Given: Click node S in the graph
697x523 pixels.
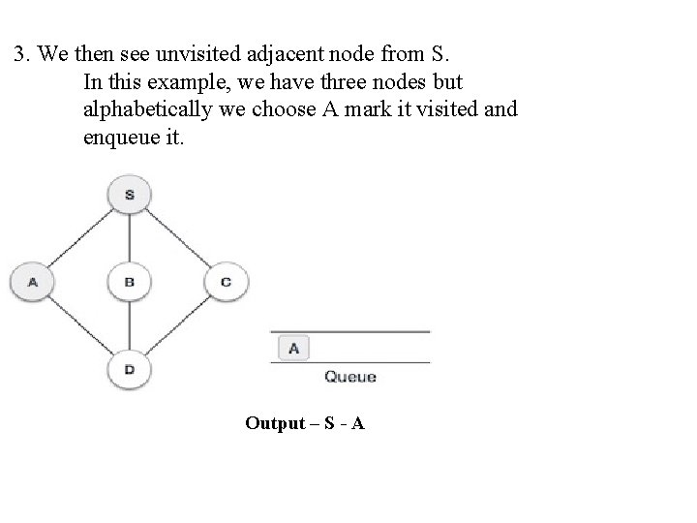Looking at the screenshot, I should pos(130,195).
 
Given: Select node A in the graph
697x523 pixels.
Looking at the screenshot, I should pos(33,282).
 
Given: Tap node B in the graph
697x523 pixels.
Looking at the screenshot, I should pos(130,282).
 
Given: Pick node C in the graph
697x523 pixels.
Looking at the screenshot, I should pos(226,282).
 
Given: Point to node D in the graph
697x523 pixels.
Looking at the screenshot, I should pos(130,368).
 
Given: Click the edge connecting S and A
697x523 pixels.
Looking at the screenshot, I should pos(81,238).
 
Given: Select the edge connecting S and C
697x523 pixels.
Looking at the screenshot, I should pos(178,238).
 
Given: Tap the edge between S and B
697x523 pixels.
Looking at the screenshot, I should pos(130,238).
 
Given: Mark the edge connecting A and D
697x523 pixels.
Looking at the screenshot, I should pos(81,325).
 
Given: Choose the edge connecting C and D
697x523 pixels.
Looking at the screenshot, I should pos(178,325).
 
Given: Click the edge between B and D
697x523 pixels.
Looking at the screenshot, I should pos(130,325).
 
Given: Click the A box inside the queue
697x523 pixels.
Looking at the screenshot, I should pos(293,347).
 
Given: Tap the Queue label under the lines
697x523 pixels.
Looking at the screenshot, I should pos(349,376).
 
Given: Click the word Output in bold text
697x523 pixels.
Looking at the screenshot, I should pos(275,423).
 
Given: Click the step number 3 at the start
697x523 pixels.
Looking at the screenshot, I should pos(19,52).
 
